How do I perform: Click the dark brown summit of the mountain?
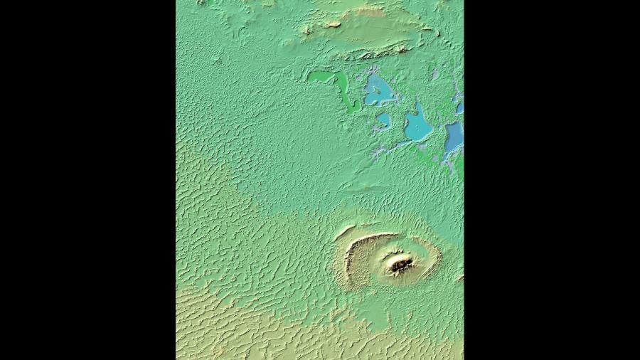click(400, 265)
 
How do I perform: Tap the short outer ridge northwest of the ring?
click(344, 231)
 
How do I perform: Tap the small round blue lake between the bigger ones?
click(383, 119)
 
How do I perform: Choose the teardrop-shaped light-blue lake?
click(418, 126)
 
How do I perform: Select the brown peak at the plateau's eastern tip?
click(427, 29)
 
